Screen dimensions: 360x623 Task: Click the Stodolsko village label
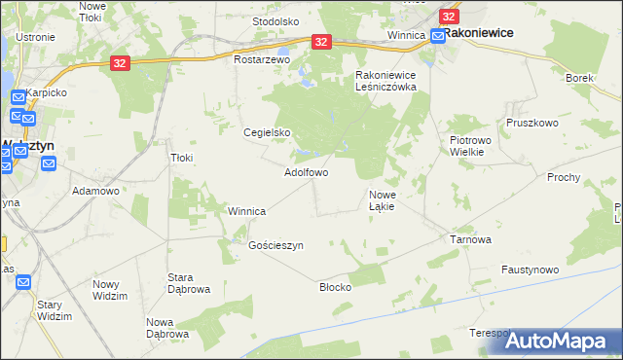[275, 20]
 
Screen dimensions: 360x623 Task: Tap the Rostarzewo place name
[263, 59]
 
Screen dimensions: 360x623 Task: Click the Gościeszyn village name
[276, 246]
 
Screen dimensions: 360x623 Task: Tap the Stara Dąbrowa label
[189, 283]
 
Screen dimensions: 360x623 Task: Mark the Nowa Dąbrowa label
[166, 328]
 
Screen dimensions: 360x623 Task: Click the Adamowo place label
[95, 191]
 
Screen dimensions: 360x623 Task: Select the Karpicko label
[47, 92]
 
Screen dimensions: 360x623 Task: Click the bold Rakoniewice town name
[479, 32]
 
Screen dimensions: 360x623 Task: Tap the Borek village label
[580, 77]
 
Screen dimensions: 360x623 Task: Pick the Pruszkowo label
[531, 124]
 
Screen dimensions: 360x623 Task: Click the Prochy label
[564, 177]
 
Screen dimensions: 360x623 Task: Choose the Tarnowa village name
[469, 238]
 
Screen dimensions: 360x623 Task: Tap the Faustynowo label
[530, 270]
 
